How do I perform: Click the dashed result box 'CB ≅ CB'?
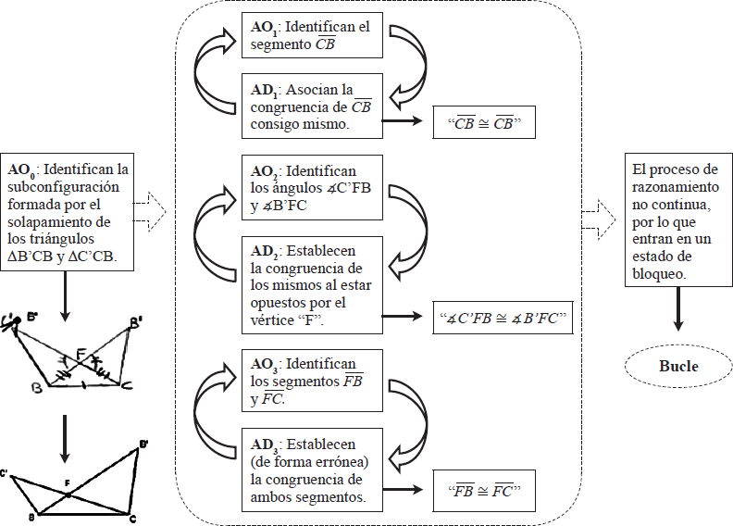484,122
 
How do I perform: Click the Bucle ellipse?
678,366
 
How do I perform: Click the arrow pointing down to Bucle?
678,308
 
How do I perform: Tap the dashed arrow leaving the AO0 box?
150,214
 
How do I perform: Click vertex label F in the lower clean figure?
67,482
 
